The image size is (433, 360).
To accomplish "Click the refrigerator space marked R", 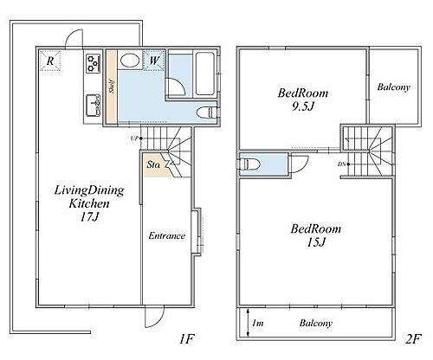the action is (x=50, y=61).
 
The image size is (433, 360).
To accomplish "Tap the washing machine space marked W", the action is (x=154, y=61).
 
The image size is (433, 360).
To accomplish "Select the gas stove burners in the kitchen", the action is (x=93, y=63).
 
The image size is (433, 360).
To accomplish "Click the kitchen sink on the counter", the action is (x=93, y=105).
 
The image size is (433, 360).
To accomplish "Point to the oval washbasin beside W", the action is (x=130, y=61).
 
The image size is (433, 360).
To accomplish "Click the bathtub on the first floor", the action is (x=205, y=74).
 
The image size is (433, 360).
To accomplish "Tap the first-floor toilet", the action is (x=207, y=112).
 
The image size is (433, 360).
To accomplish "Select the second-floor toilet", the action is (x=250, y=164).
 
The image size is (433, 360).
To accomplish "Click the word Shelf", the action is (x=112, y=87).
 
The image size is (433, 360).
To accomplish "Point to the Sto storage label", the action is (x=153, y=164).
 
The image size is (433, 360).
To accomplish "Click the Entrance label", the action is (x=167, y=235).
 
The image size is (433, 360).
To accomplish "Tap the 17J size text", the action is (x=89, y=216).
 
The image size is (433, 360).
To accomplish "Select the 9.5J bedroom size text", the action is (x=303, y=106).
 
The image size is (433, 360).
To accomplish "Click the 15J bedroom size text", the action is (x=316, y=242).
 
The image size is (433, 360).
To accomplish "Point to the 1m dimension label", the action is (x=257, y=323).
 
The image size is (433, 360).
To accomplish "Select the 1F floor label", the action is (x=186, y=338).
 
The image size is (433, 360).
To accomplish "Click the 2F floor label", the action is (x=413, y=338).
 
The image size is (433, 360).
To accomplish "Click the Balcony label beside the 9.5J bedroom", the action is (x=393, y=87).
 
